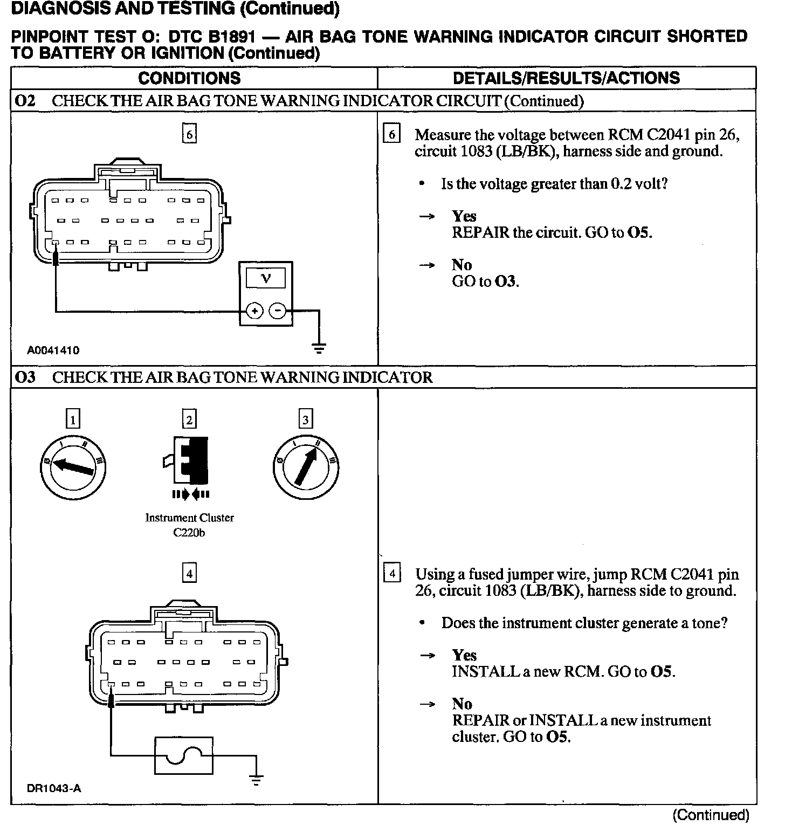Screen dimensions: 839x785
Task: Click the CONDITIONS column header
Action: click(x=189, y=78)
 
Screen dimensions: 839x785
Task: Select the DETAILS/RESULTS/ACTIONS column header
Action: click(x=566, y=78)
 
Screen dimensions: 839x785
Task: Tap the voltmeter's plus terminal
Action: click(x=254, y=311)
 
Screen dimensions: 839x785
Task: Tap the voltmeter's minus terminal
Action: click(x=278, y=311)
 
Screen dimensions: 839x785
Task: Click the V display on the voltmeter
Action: click(x=266, y=278)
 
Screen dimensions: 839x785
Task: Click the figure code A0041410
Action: click(x=53, y=350)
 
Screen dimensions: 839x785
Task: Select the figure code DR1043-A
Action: click(x=54, y=788)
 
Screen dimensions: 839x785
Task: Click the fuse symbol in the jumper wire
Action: click(x=183, y=755)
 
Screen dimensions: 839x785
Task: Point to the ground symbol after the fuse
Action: click(x=257, y=779)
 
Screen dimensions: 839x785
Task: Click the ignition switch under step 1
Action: click(x=73, y=467)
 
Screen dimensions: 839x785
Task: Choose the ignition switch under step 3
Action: click(x=306, y=467)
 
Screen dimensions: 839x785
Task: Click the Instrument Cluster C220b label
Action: click(x=190, y=525)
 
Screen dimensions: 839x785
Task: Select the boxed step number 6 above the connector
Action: click(x=189, y=134)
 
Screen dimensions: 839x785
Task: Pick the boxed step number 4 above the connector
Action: click(x=189, y=574)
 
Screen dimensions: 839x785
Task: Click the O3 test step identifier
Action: click(x=25, y=377)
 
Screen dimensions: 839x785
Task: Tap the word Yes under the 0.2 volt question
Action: click(x=464, y=216)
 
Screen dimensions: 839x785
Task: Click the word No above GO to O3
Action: click(x=462, y=265)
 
